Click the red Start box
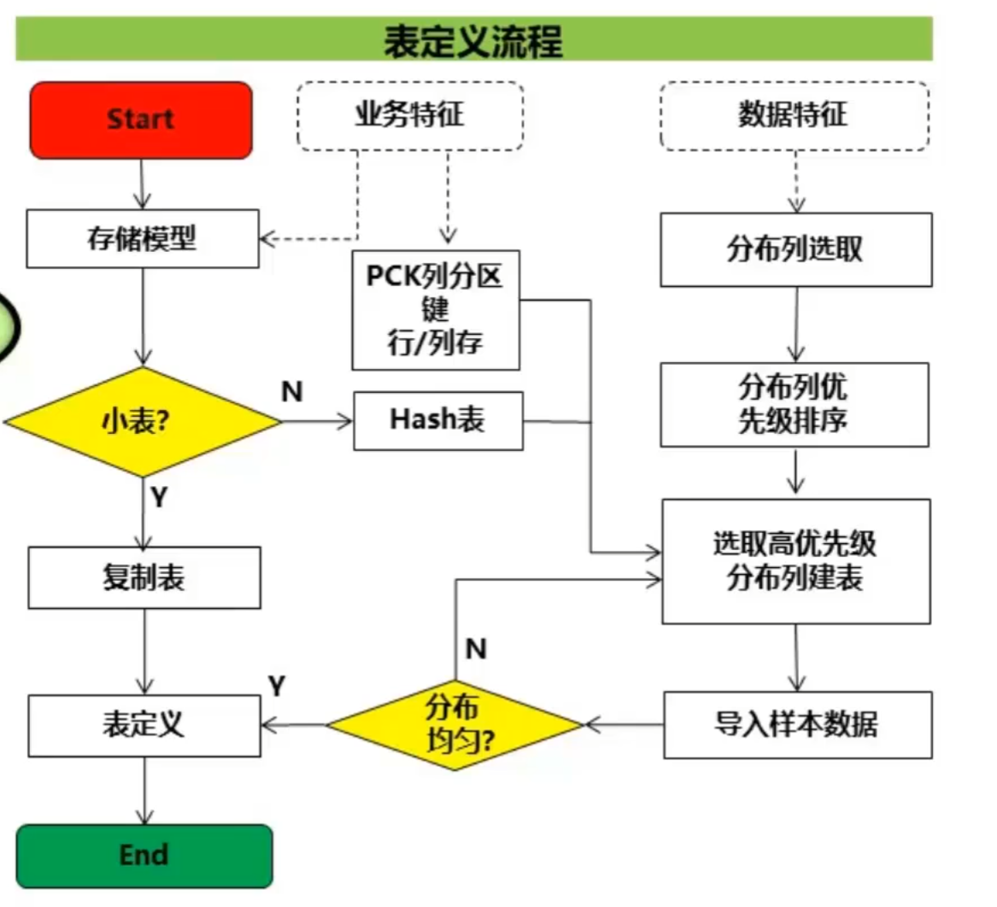141,120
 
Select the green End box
144,855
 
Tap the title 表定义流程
473,39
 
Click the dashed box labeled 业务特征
410,115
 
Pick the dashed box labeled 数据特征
794,115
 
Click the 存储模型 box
143,238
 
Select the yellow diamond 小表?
143,421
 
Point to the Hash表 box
437,420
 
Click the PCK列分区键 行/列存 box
436,309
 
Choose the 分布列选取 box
795,249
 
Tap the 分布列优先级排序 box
794,404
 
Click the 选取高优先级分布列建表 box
795,561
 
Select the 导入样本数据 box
797,725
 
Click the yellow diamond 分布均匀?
455,724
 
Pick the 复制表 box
144,577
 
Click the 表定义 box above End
144,725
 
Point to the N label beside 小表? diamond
292,392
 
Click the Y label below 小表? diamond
159,497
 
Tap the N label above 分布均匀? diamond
476,649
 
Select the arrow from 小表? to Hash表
317,420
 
